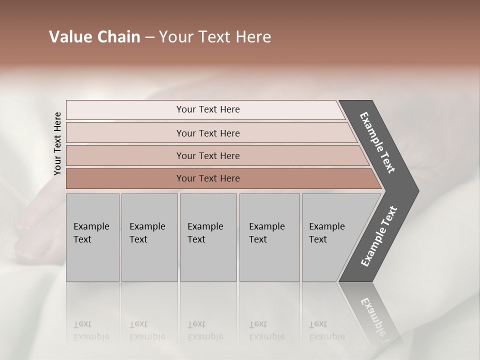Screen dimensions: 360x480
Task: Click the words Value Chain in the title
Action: click(94, 37)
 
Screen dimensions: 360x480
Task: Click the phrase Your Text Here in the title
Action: click(215, 37)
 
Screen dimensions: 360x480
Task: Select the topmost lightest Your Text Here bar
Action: click(208, 109)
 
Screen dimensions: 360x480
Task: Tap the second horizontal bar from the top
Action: click(208, 133)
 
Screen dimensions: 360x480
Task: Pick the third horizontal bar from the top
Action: click(208, 155)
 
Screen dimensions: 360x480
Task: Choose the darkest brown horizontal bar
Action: click(208, 178)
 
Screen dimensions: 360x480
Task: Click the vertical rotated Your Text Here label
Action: click(57, 143)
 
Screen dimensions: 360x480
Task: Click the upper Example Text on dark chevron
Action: click(377, 142)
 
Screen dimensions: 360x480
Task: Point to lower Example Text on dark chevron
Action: click(379, 236)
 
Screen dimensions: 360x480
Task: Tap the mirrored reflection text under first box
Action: click(91, 330)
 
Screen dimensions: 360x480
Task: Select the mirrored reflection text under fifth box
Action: click(327, 330)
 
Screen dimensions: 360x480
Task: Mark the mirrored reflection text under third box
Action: click(205, 330)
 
